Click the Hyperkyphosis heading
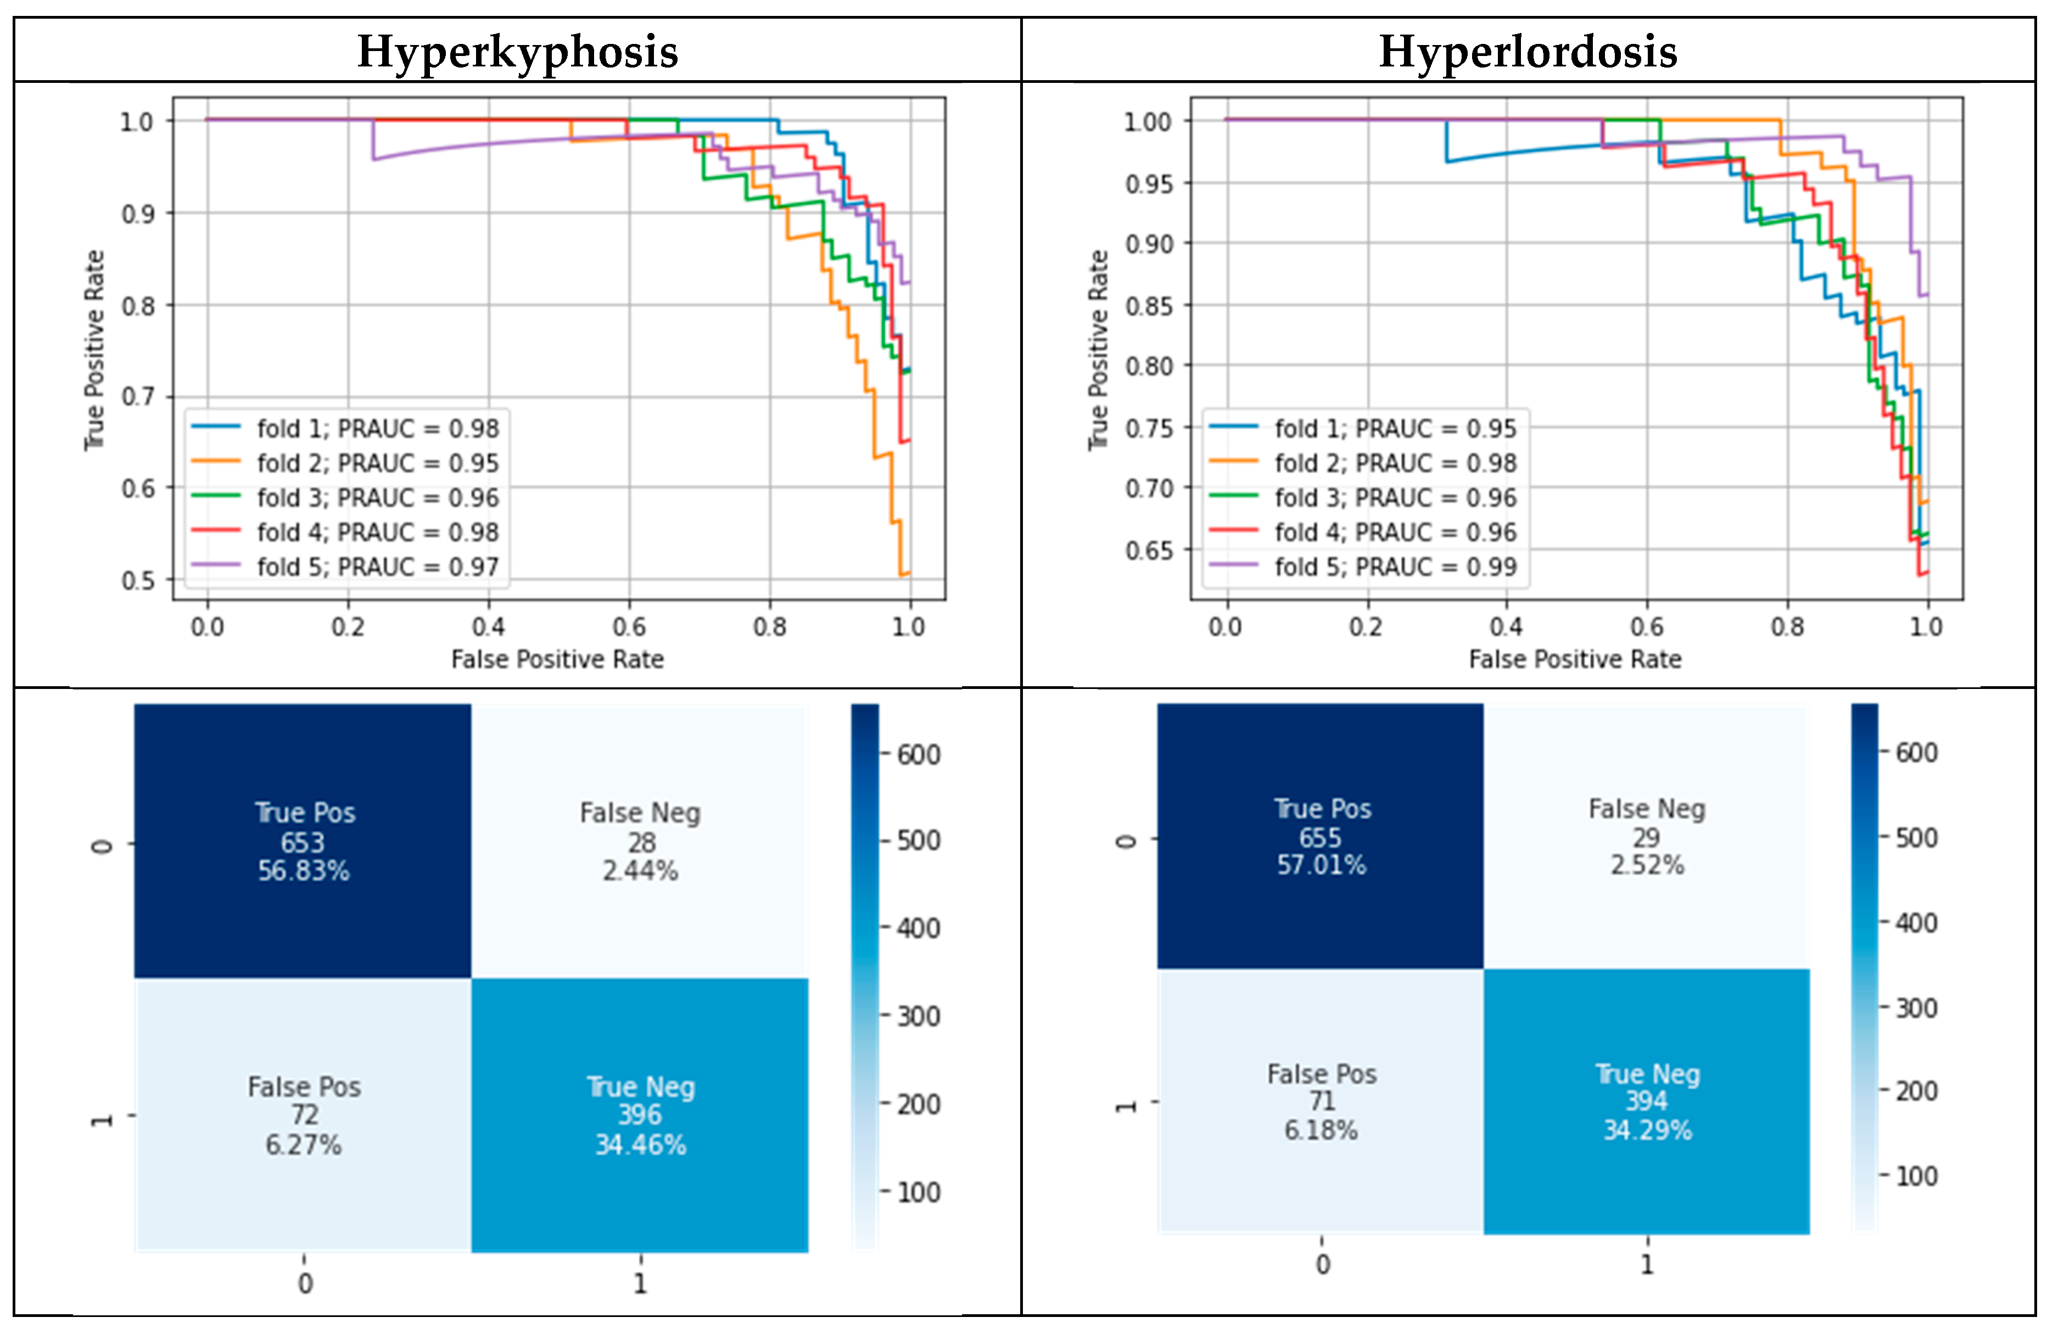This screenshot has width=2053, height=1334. pos(518,52)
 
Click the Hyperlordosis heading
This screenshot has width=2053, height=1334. pos(1528,52)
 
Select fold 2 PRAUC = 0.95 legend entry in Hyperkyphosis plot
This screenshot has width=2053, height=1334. pos(377,463)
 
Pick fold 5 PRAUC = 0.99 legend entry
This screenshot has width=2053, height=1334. pos(1395,567)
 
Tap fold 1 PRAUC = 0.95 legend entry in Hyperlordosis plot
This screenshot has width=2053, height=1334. pos(1395,429)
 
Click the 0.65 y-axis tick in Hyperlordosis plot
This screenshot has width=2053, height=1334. pos(1149,550)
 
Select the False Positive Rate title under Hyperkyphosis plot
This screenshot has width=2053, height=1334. pos(557,660)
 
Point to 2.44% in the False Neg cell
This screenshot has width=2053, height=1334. pos(640,871)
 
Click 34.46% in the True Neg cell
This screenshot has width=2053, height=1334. pos(640,1145)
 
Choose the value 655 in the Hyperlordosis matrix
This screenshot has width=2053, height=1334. pos(1321,837)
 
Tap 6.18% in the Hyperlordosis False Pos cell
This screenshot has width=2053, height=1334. pos(1321,1130)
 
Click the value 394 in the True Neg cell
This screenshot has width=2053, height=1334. pos(1647,1101)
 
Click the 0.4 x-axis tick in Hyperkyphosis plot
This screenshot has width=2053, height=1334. pos(488,627)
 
